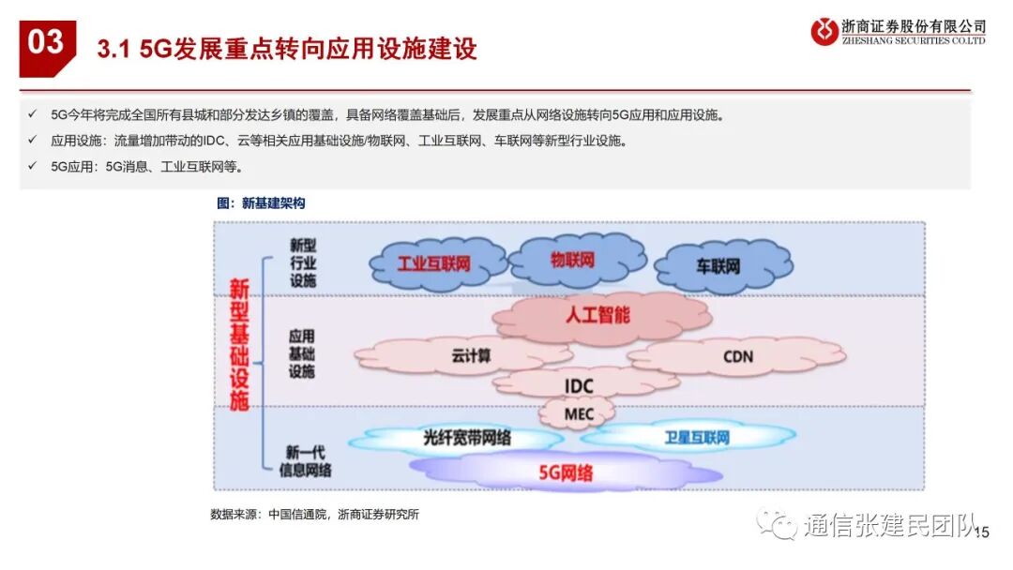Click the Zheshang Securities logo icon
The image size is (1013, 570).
(x=824, y=32)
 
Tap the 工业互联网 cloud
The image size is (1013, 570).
(x=433, y=263)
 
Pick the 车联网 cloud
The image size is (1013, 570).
(x=718, y=265)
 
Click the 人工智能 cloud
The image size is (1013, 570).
(x=597, y=315)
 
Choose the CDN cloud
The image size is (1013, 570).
(x=737, y=356)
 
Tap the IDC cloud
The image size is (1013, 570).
(x=579, y=384)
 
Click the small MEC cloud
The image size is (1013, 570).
(x=578, y=412)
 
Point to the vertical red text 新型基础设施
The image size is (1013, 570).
(x=239, y=343)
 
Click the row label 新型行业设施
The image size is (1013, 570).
(x=302, y=262)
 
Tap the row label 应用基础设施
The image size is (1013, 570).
(x=302, y=353)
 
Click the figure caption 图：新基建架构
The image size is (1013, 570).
(x=261, y=202)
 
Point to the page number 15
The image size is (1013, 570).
(x=982, y=532)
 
